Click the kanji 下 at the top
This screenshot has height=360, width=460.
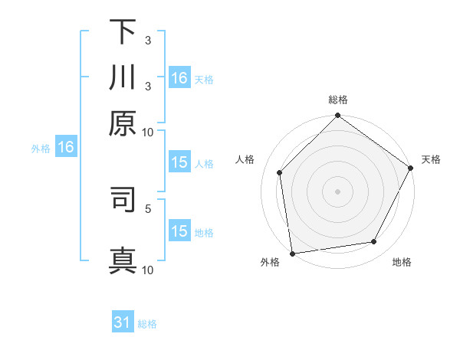[x=123, y=32]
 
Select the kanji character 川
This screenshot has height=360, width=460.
[x=123, y=78]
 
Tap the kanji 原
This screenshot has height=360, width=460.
[x=123, y=123]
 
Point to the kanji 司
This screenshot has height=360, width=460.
[x=123, y=198]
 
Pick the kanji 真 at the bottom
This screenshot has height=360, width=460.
[x=123, y=259]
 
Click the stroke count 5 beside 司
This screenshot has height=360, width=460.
[x=147, y=208]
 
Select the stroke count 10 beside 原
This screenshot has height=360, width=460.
[x=147, y=132]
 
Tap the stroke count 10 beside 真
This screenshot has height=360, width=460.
[x=147, y=270]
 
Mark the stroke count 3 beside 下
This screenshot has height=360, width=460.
[x=147, y=41]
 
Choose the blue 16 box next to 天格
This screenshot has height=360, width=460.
[x=179, y=78]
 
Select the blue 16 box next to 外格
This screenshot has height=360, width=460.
[x=66, y=147]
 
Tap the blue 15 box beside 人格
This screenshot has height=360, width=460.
[x=179, y=162]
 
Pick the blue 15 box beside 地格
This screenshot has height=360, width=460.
[x=179, y=231]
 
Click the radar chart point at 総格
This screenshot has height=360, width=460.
[x=337, y=116]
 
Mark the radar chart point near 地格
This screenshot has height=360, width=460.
[x=374, y=242]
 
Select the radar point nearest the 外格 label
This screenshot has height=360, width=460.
[x=292, y=253]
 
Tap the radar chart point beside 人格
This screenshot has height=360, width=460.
[x=280, y=172]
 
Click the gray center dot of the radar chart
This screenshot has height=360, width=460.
[x=337, y=191]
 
